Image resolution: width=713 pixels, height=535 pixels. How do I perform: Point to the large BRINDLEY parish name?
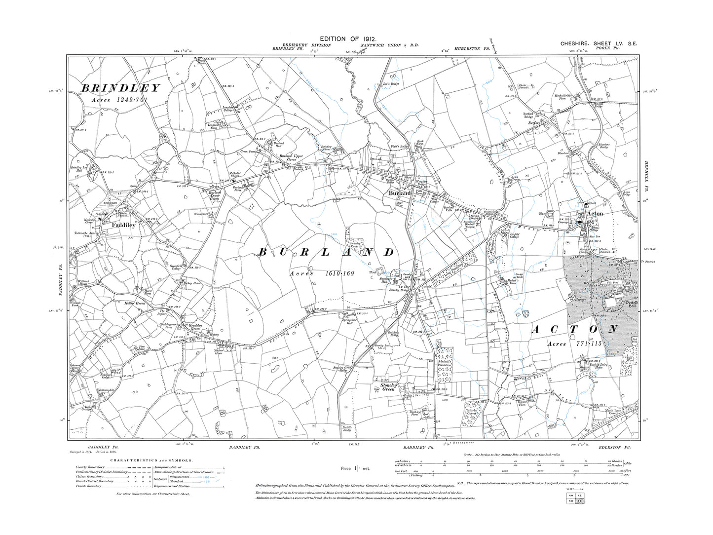[120, 88]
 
